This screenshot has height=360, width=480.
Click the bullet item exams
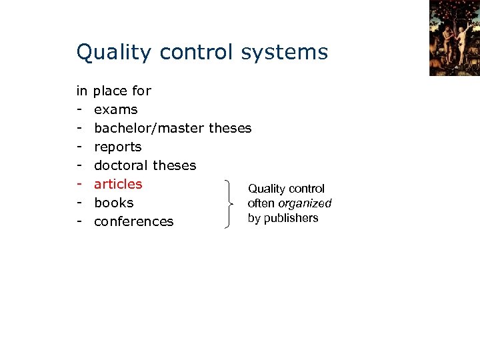coord(116,109)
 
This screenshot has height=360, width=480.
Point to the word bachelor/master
coord(149,128)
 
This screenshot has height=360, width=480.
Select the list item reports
coord(118,147)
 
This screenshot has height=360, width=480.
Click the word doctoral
coord(121,165)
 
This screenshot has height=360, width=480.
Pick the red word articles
coord(118,184)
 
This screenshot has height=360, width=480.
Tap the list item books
coord(114,203)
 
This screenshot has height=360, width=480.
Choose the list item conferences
coord(134,221)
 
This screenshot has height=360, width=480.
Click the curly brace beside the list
coord(231,203)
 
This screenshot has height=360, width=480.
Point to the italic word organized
coord(305,203)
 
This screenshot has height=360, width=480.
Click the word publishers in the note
coord(291,218)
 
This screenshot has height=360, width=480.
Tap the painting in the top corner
coord(454,38)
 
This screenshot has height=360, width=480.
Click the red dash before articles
coord(79,184)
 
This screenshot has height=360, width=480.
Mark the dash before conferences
coord(79,221)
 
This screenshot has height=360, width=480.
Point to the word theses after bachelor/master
coord(230,128)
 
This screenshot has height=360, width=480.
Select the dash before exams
coord(79,109)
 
